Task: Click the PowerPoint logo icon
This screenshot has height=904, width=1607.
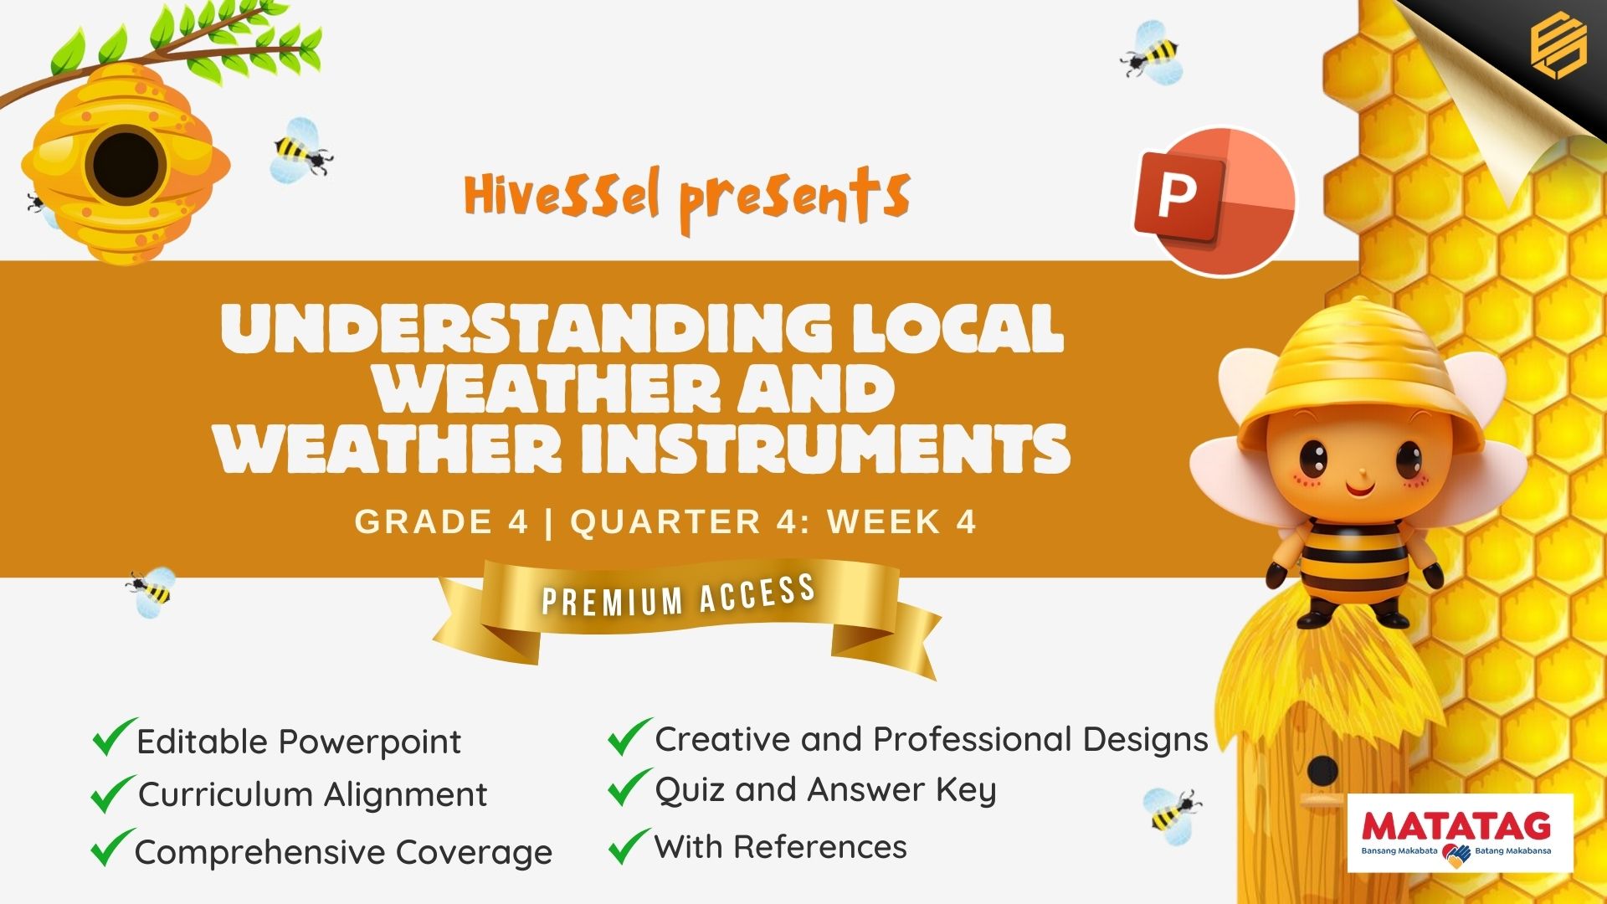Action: [1214, 201]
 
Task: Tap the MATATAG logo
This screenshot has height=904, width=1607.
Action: [1460, 834]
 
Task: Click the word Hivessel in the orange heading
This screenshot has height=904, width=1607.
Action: [562, 195]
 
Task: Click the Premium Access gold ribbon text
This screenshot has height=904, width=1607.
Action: [679, 596]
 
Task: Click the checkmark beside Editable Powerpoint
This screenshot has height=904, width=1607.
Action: [113, 737]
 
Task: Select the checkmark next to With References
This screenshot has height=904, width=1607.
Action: [629, 845]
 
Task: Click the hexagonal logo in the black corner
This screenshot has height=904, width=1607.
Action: [1558, 48]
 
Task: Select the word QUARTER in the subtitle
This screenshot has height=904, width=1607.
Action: [666, 521]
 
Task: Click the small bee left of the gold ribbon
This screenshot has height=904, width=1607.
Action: [151, 591]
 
